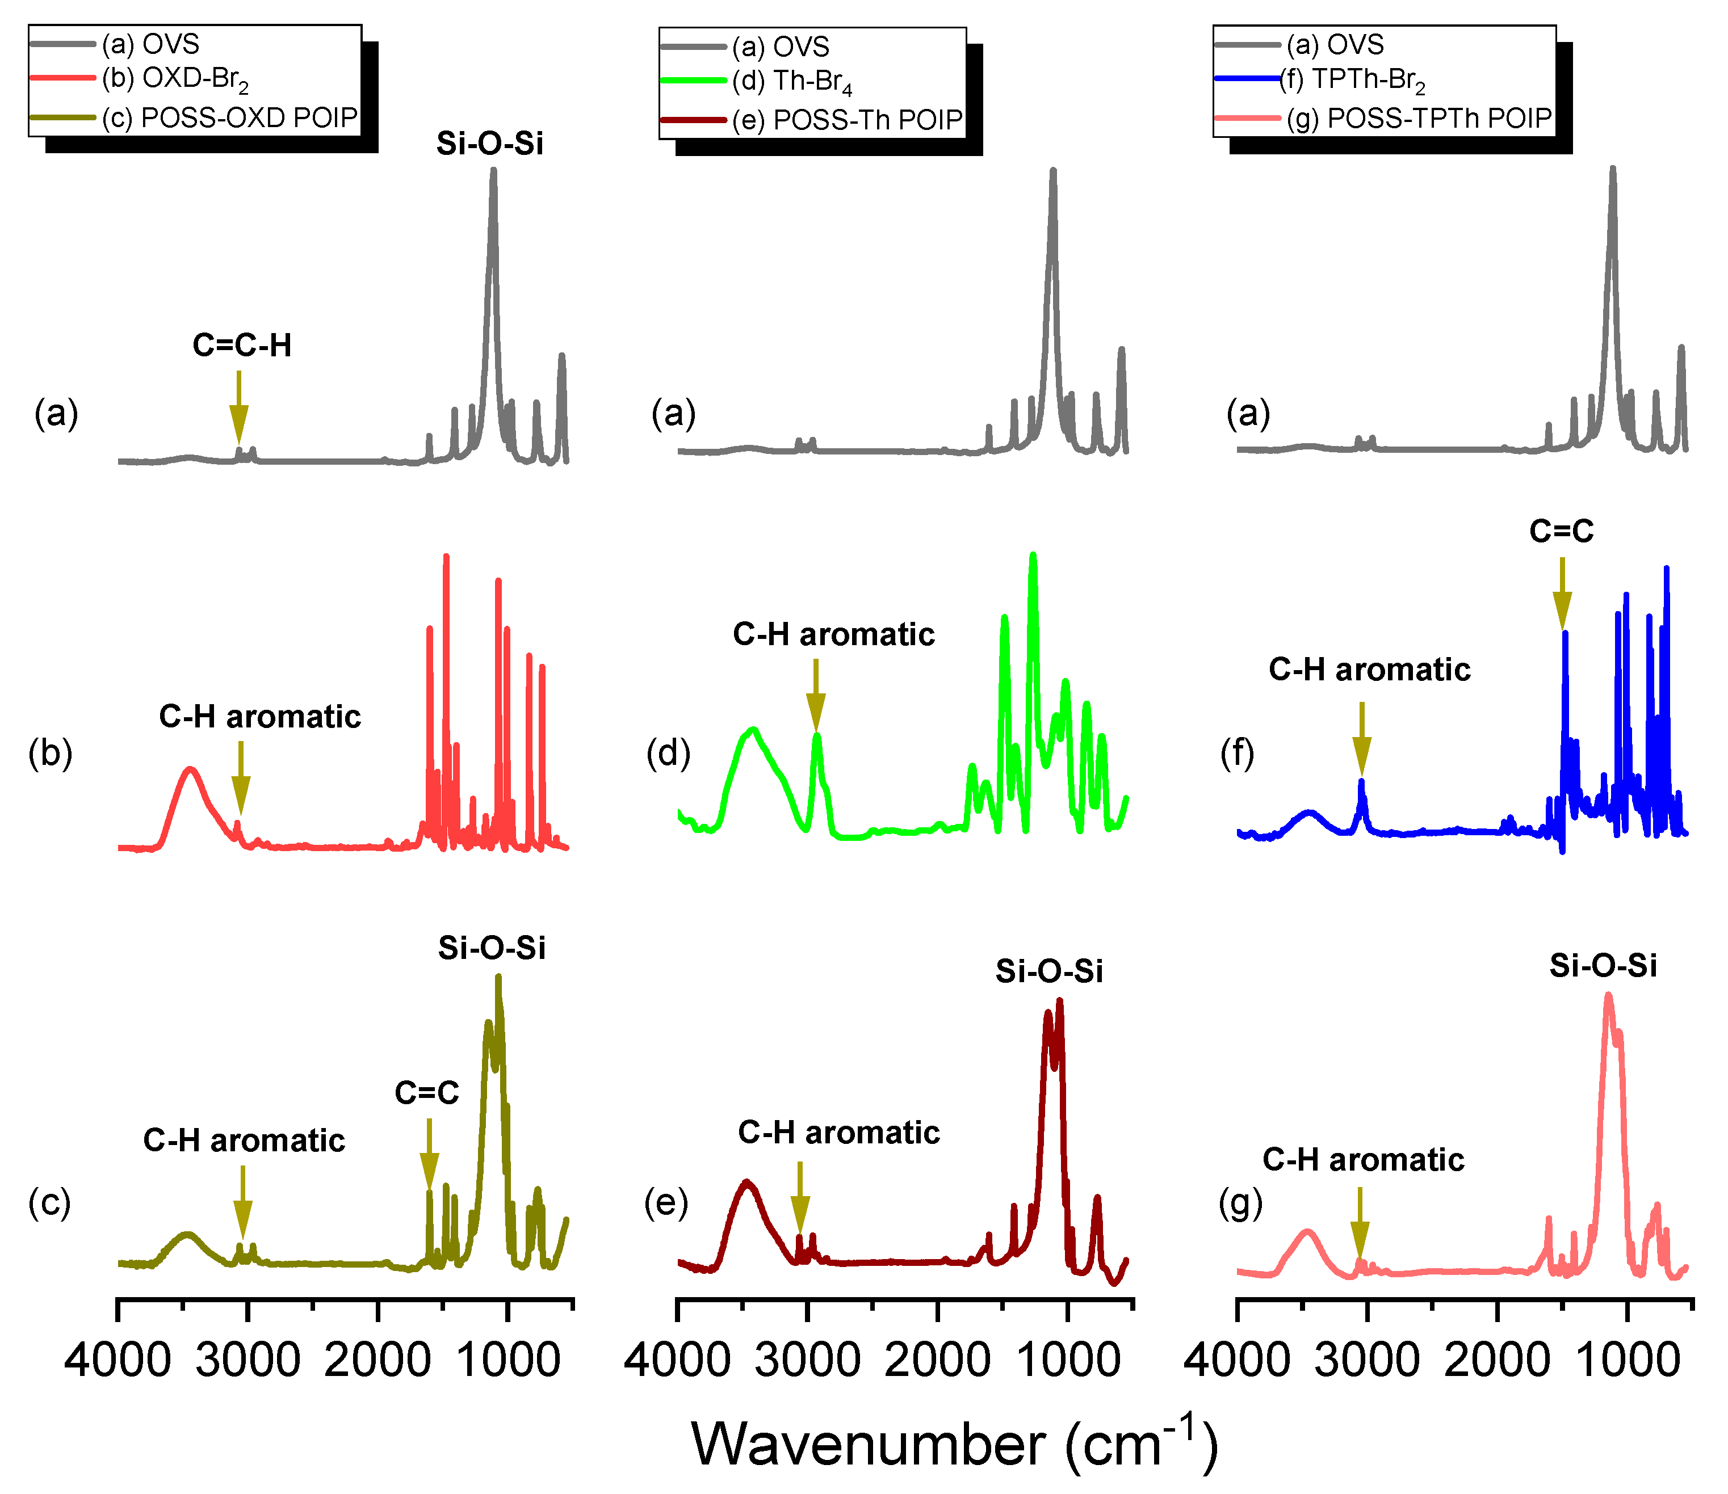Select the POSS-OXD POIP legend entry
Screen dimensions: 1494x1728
(x=229, y=117)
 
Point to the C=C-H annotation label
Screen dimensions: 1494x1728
(x=242, y=345)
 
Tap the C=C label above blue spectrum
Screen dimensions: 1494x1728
(x=1561, y=531)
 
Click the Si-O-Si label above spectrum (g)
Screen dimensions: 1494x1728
(x=1603, y=965)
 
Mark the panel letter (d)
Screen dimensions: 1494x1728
(x=669, y=753)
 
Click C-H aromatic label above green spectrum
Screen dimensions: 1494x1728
(x=833, y=634)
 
